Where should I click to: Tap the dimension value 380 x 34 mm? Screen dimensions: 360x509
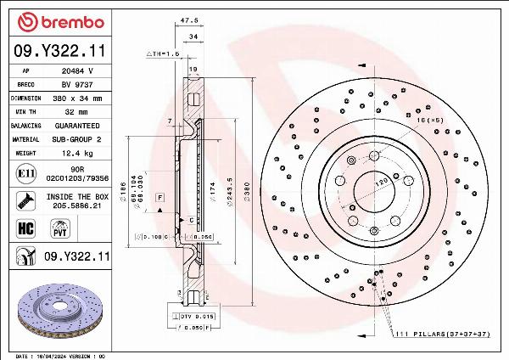coord(79,98)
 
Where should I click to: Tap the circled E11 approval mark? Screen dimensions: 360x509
coord(25,174)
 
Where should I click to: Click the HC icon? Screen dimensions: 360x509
coord(25,228)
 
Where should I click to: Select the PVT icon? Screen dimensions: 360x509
coord(60,228)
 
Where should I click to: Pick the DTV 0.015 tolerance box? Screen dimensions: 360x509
coord(197,316)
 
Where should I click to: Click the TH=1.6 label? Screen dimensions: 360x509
coord(164,53)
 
